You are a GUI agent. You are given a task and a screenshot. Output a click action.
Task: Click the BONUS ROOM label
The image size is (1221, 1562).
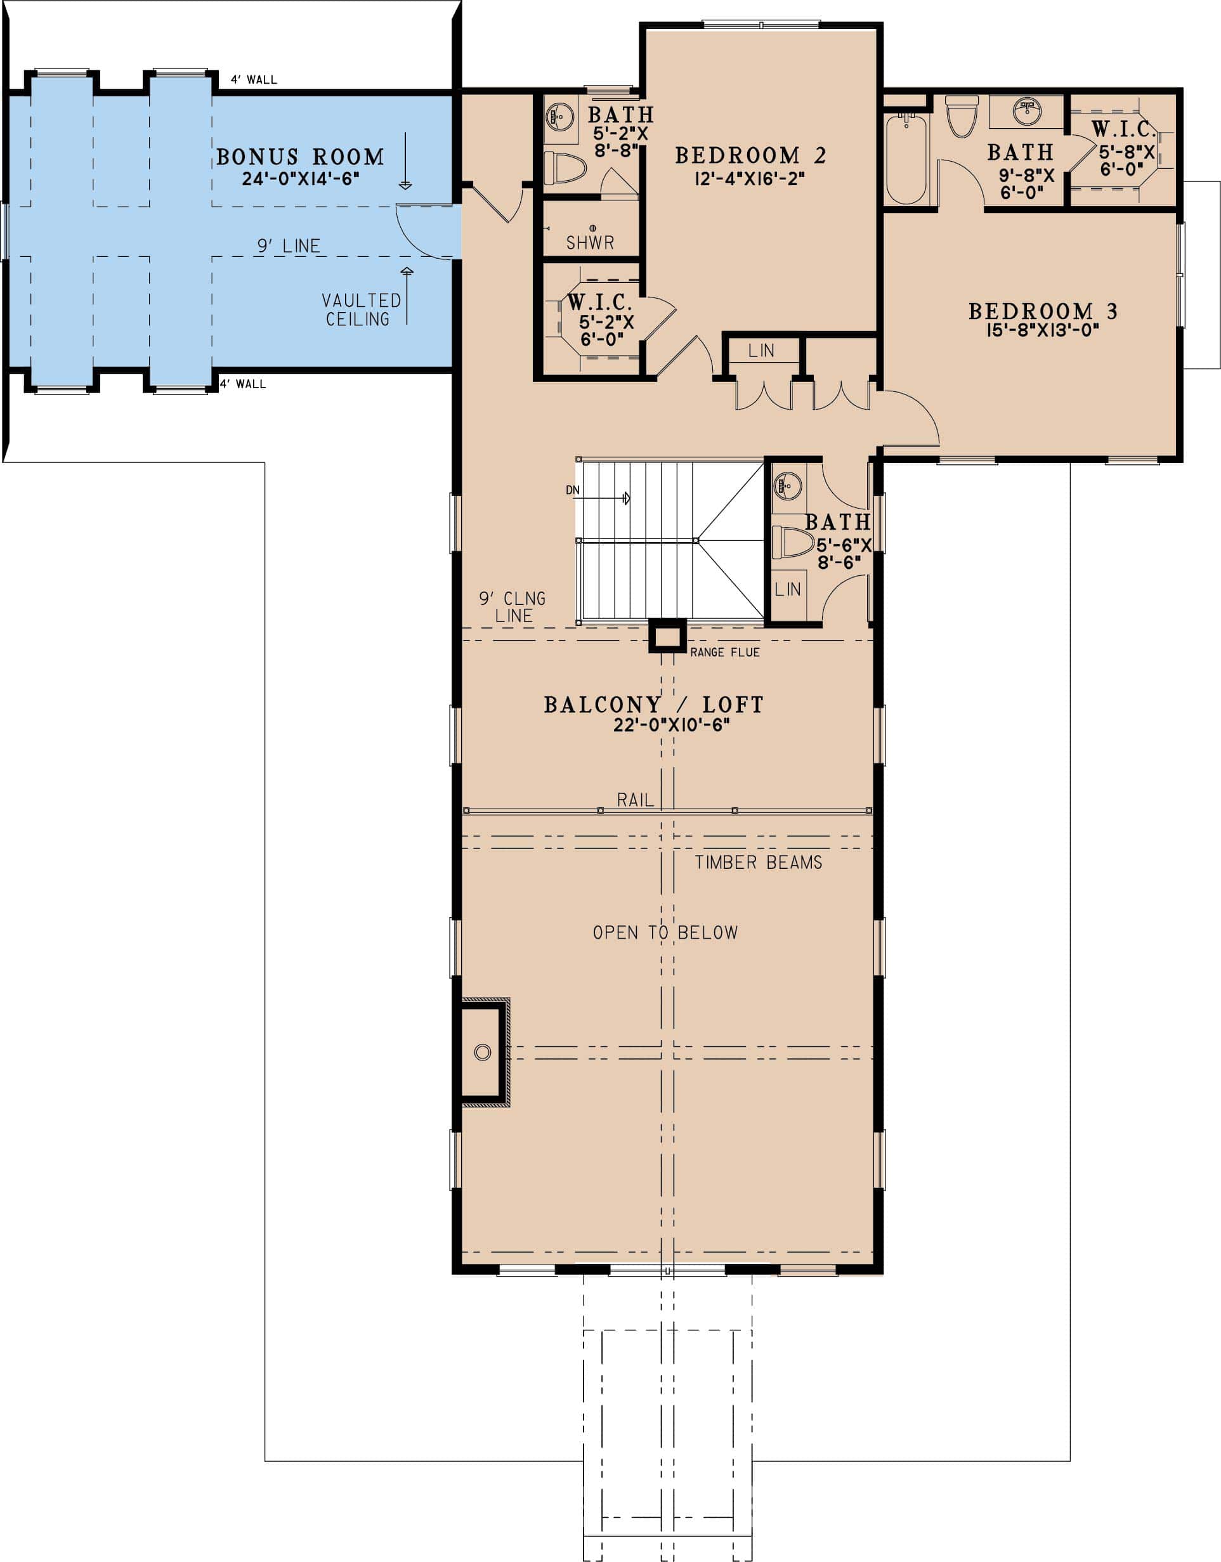coord(300,157)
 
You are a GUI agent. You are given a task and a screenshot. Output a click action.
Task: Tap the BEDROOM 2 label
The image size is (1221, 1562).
coord(750,155)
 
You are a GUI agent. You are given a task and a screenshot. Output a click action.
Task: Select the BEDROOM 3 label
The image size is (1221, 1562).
coord(1042,311)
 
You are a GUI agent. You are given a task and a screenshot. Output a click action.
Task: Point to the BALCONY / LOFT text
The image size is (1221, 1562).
coord(653,705)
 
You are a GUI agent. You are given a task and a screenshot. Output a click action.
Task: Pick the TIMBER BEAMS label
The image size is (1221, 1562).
coord(758,862)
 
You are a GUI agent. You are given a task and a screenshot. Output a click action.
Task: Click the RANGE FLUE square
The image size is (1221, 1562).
coord(667,637)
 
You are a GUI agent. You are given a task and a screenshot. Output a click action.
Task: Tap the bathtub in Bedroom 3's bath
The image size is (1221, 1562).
coord(906,159)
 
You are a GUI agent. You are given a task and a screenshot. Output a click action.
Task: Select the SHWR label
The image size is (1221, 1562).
coord(590,242)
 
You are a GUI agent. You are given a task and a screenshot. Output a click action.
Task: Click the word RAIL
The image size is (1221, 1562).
coord(635,800)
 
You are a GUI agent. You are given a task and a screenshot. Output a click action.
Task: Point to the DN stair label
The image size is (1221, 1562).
coord(572,490)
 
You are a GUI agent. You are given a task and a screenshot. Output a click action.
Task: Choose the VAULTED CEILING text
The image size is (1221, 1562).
coord(360,309)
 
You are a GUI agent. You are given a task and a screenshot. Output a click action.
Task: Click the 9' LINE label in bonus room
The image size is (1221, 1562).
coord(288,246)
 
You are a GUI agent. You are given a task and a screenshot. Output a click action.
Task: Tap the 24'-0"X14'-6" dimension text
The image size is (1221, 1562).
coord(300,179)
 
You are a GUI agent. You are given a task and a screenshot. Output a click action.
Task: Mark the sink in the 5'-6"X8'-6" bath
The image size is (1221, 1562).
coord(787,486)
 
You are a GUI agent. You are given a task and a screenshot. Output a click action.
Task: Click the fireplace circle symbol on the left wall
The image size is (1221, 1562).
coord(483,1052)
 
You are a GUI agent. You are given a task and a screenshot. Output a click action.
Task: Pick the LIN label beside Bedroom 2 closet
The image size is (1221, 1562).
coord(761,351)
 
